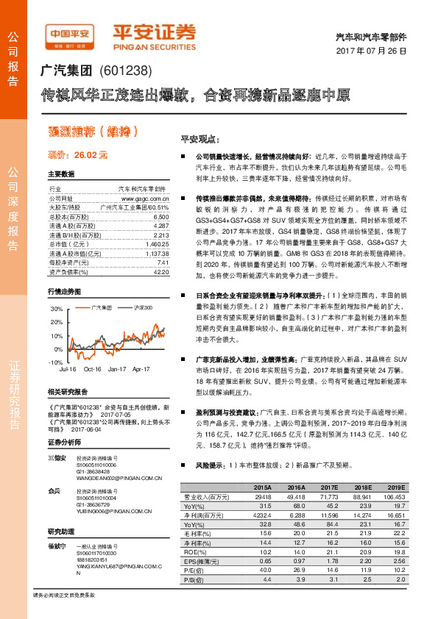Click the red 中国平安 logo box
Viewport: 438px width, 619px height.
point(68,34)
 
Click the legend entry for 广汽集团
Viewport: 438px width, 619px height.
point(101,306)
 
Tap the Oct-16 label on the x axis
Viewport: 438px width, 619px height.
point(91,368)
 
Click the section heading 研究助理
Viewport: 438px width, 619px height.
point(62,531)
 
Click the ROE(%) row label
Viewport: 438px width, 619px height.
point(192,551)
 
